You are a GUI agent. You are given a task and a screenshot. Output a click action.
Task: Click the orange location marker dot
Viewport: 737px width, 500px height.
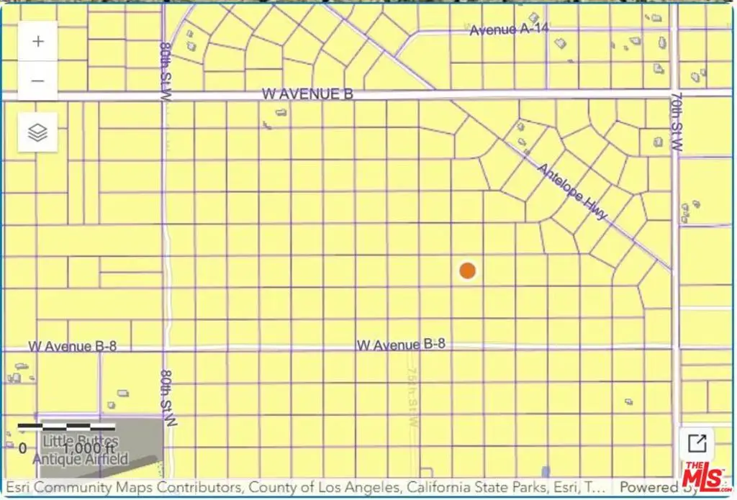(468, 271)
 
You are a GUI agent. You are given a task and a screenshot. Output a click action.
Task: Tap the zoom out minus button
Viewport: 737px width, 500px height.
(38, 81)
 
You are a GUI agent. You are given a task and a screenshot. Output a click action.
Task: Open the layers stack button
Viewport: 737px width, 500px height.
(38, 132)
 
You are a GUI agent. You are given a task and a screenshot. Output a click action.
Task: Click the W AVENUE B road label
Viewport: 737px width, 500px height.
(307, 94)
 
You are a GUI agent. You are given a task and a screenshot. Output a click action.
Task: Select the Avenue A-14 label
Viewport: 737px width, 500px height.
(503, 30)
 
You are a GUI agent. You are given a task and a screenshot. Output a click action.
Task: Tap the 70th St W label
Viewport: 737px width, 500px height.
(676, 121)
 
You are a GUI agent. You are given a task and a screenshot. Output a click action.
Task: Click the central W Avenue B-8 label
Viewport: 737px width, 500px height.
(401, 345)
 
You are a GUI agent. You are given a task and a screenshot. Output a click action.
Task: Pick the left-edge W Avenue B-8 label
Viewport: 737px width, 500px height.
(72, 346)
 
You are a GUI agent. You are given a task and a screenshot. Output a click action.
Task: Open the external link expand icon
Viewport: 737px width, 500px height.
(697, 442)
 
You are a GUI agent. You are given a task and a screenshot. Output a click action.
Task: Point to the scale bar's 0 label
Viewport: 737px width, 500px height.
(23, 448)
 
